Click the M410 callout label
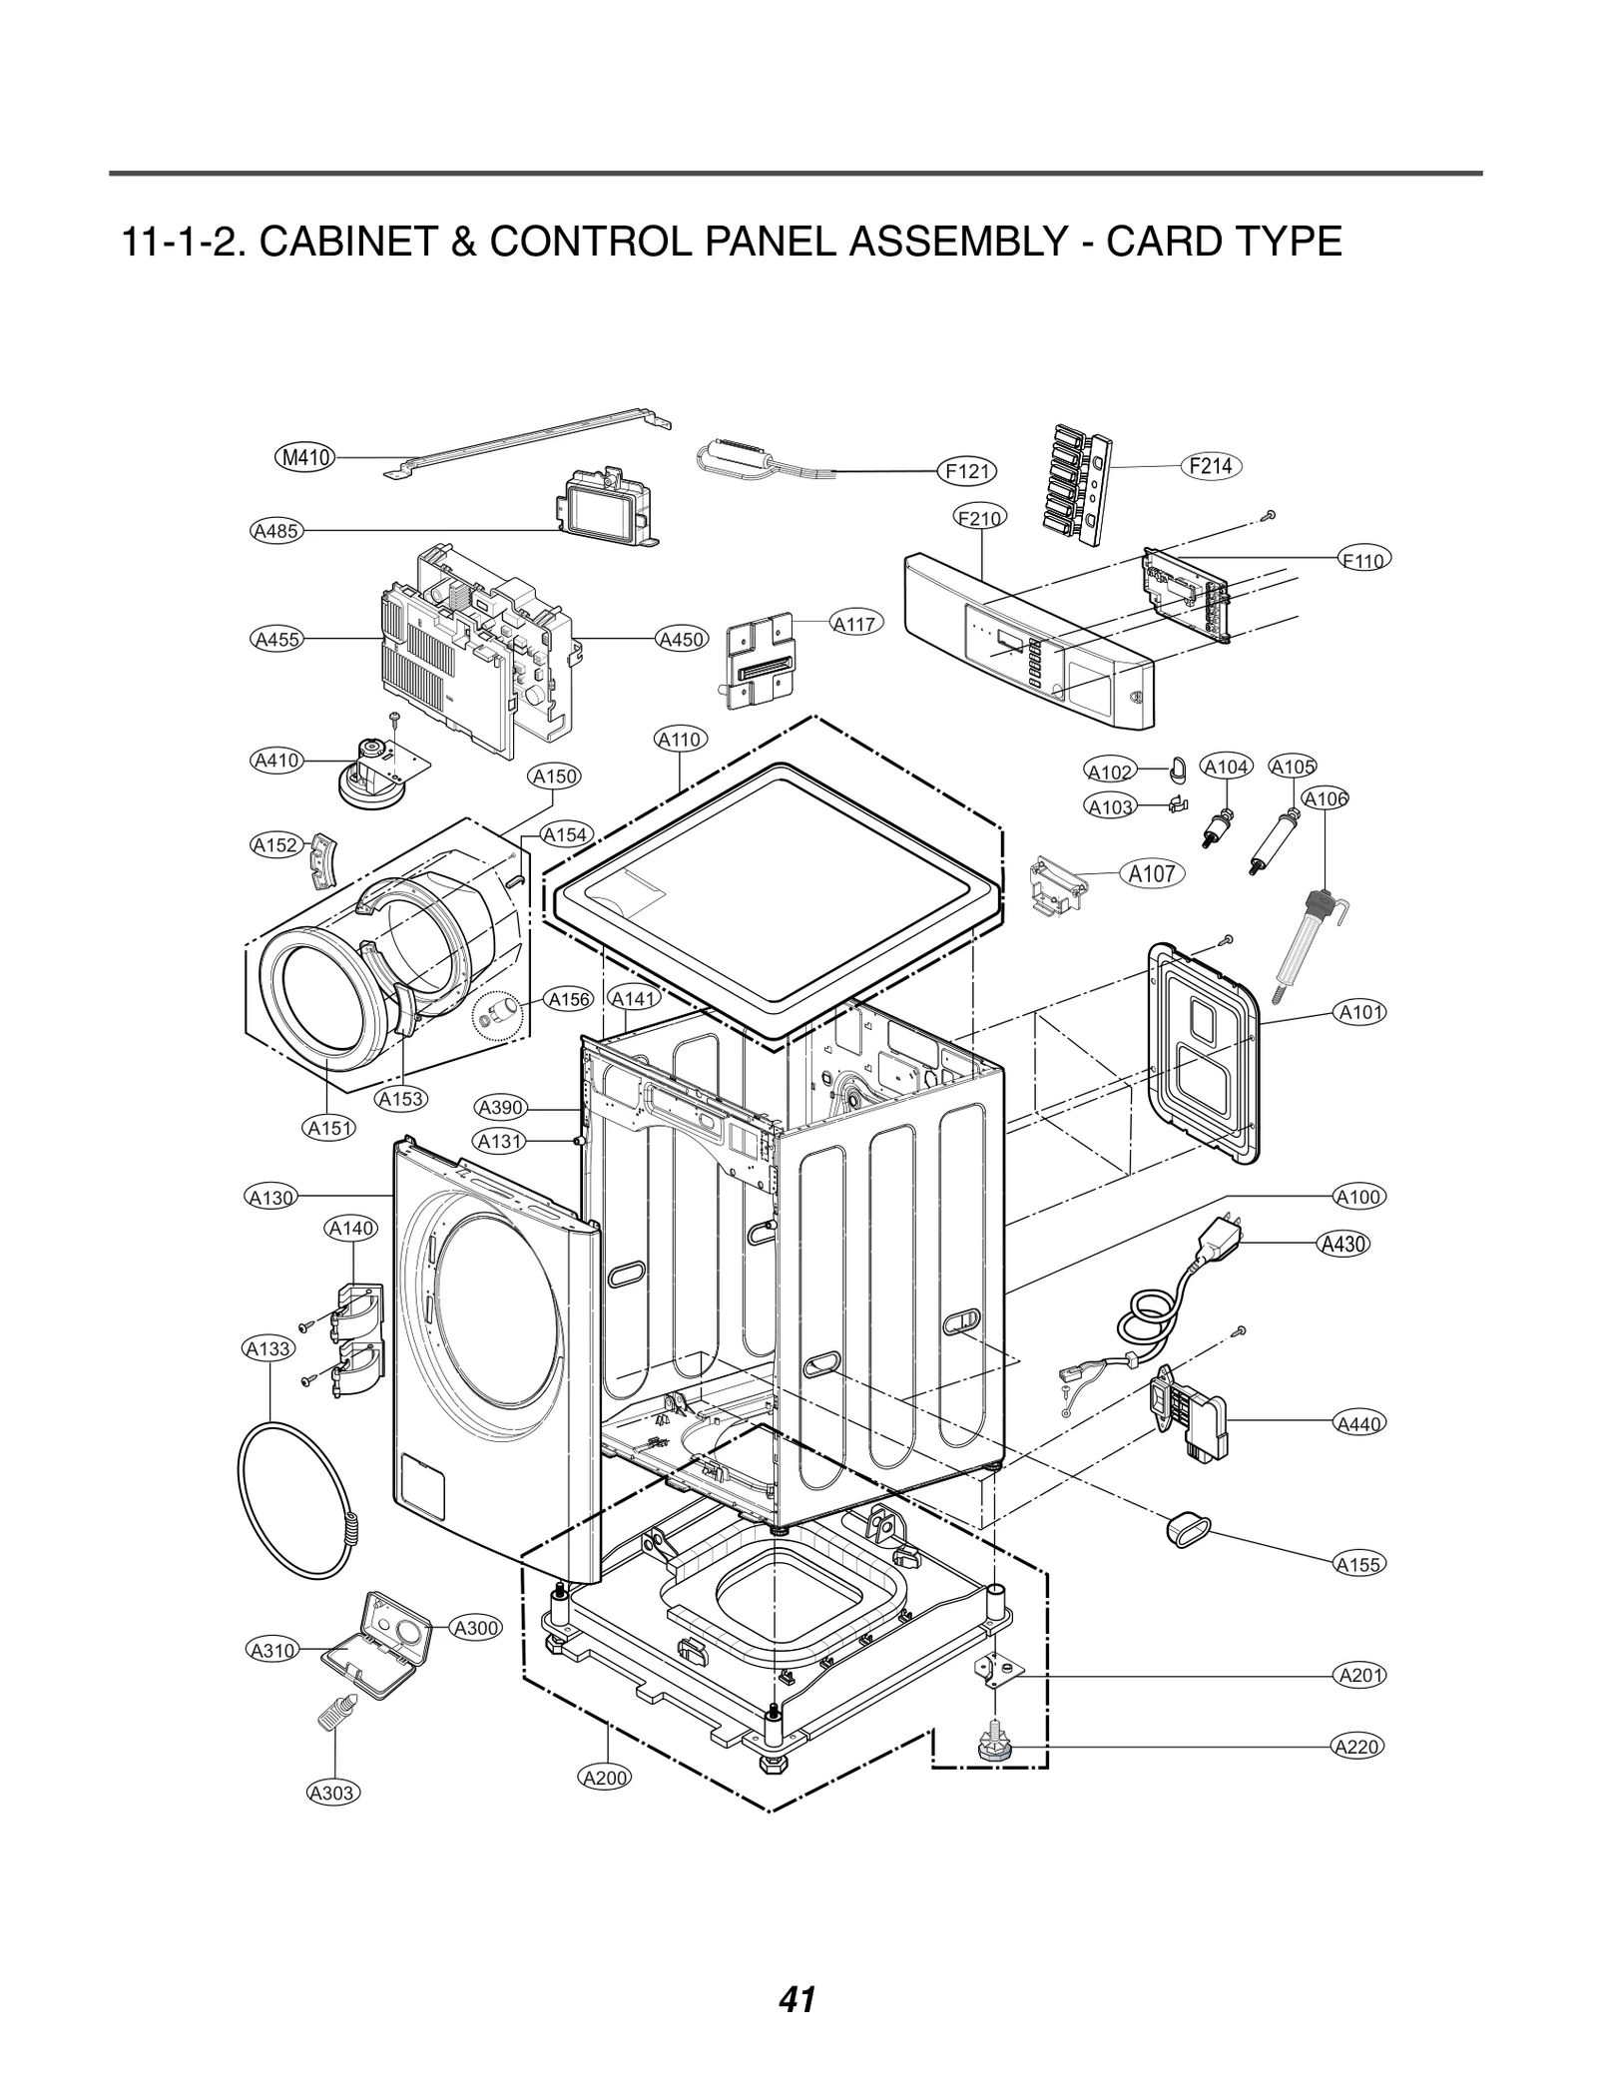[x=304, y=458]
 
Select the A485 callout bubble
[x=276, y=531]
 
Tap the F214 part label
[x=1211, y=465]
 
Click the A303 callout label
[x=331, y=1792]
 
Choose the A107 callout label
[x=1152, y=873]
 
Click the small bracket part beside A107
[x=1057, y=882]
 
